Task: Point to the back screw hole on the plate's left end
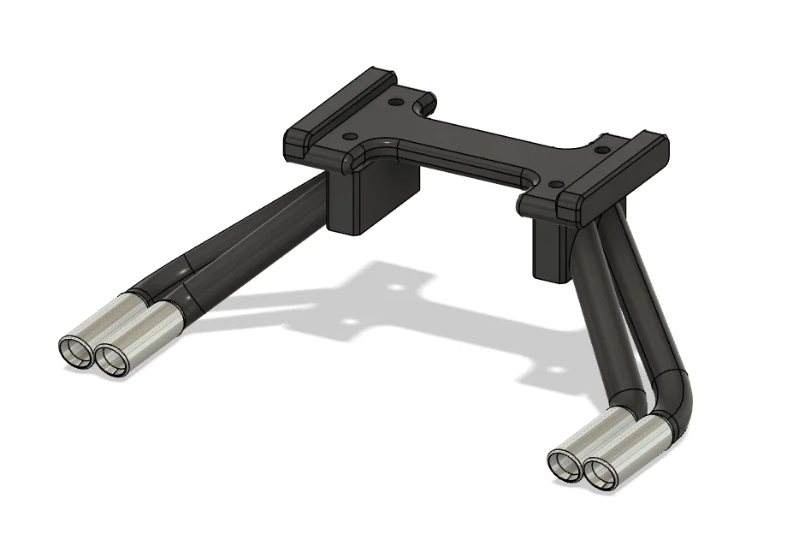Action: [394, 102]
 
